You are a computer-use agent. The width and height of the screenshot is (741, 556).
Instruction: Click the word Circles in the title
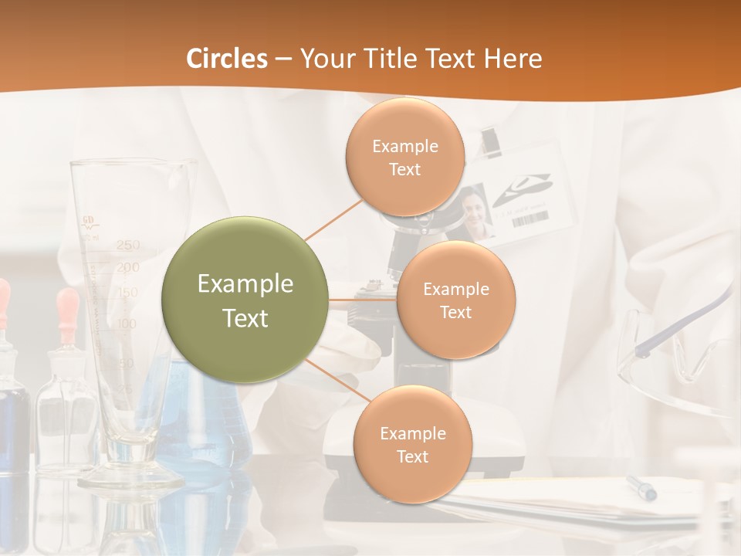[x=227, y=59]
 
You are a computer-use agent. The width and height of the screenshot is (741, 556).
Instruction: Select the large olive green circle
[x=245, y=300]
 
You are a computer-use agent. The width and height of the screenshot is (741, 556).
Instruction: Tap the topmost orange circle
[x=404, y=158]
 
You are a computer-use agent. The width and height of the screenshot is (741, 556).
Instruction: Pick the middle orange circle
[x=455, y=300]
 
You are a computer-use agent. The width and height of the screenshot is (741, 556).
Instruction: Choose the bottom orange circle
[x=412, y=444]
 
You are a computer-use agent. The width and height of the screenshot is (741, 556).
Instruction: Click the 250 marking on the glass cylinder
[x=128, y=246]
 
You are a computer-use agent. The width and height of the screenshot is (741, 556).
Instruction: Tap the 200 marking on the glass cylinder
[x=128, y=268]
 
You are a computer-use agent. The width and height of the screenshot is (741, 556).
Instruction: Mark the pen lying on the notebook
[x=641, y=487]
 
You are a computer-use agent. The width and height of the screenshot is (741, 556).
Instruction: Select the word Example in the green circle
[x=245, y=284]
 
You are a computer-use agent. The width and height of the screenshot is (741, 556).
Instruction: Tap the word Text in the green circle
[x=245, y=318]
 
